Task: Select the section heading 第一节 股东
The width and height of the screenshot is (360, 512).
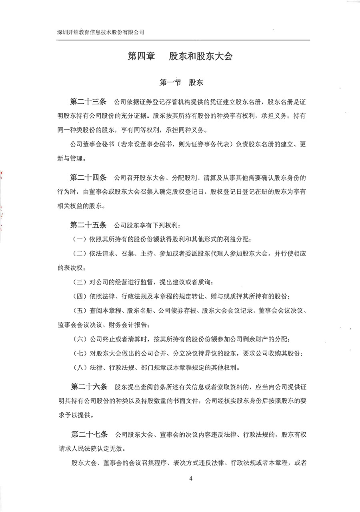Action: pos(181,83)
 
